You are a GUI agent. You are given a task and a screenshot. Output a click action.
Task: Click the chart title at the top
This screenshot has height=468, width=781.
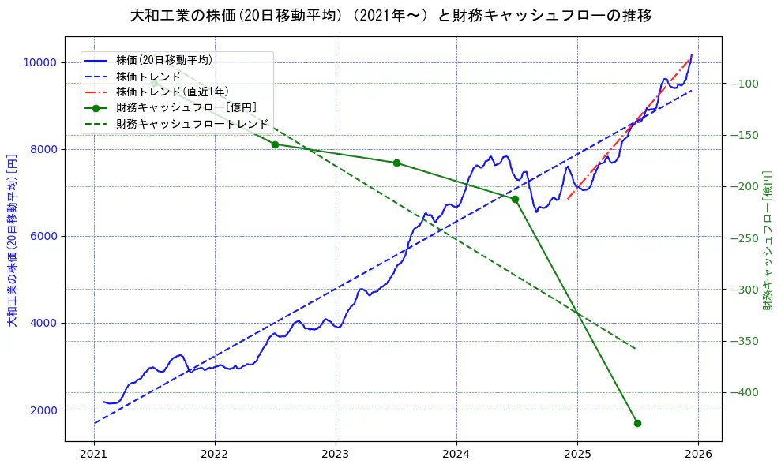point(390,15)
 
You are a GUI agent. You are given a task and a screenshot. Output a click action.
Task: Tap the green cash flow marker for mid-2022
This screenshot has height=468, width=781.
point(275,144)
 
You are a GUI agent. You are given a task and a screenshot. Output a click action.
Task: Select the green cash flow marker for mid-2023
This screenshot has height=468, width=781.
point(396,163)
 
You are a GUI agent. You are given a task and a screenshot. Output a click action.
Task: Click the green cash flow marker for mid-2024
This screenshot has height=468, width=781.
point(515,199)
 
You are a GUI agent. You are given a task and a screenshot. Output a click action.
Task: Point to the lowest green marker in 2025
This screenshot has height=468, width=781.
point(637,423)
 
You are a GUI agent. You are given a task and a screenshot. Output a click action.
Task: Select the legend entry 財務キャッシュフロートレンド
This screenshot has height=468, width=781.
point(192,124)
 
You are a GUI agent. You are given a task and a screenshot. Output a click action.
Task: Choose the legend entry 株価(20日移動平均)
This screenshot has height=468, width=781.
point(163,59)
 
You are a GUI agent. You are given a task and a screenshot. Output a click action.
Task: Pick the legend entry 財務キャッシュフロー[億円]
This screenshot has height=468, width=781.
point(186,108)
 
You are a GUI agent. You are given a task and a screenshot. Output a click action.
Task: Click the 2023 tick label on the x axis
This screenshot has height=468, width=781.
point(336,455)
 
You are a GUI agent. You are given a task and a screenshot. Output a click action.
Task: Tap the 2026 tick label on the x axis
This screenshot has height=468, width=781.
point(698,455)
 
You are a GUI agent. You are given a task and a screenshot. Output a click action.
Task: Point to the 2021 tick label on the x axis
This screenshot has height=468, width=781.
point(95,455)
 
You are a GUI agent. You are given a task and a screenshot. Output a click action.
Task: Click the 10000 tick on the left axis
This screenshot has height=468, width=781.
point(39,63)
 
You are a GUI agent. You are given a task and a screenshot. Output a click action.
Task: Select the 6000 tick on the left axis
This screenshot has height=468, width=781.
point(43,237)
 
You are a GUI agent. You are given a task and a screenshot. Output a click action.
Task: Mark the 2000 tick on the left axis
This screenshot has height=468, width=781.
point(43,410)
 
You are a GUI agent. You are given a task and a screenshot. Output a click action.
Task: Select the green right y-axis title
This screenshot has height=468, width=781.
point(768,239)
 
